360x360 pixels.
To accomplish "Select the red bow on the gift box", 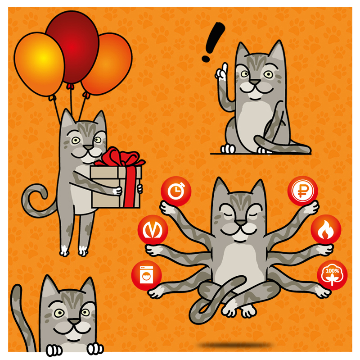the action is (x=119, y=157).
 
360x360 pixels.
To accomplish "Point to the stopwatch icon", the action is (x=176, y=191).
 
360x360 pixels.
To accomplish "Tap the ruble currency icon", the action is (x=302, y=191).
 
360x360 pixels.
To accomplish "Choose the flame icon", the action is (x=326, y=229).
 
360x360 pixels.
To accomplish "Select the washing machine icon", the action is (x=147, y=275).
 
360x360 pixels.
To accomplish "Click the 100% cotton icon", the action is (x=332, y=275).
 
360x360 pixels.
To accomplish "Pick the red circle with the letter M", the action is (x=153, y=230).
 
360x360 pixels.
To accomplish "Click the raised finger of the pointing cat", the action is (x=224, y=68).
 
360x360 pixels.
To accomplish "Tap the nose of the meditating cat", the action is (x=241, y=222).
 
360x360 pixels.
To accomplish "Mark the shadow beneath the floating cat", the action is (x=234, y=345).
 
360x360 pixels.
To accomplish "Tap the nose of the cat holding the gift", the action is (x=88, y=147).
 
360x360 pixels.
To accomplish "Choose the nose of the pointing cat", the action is (x=255, y=82).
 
